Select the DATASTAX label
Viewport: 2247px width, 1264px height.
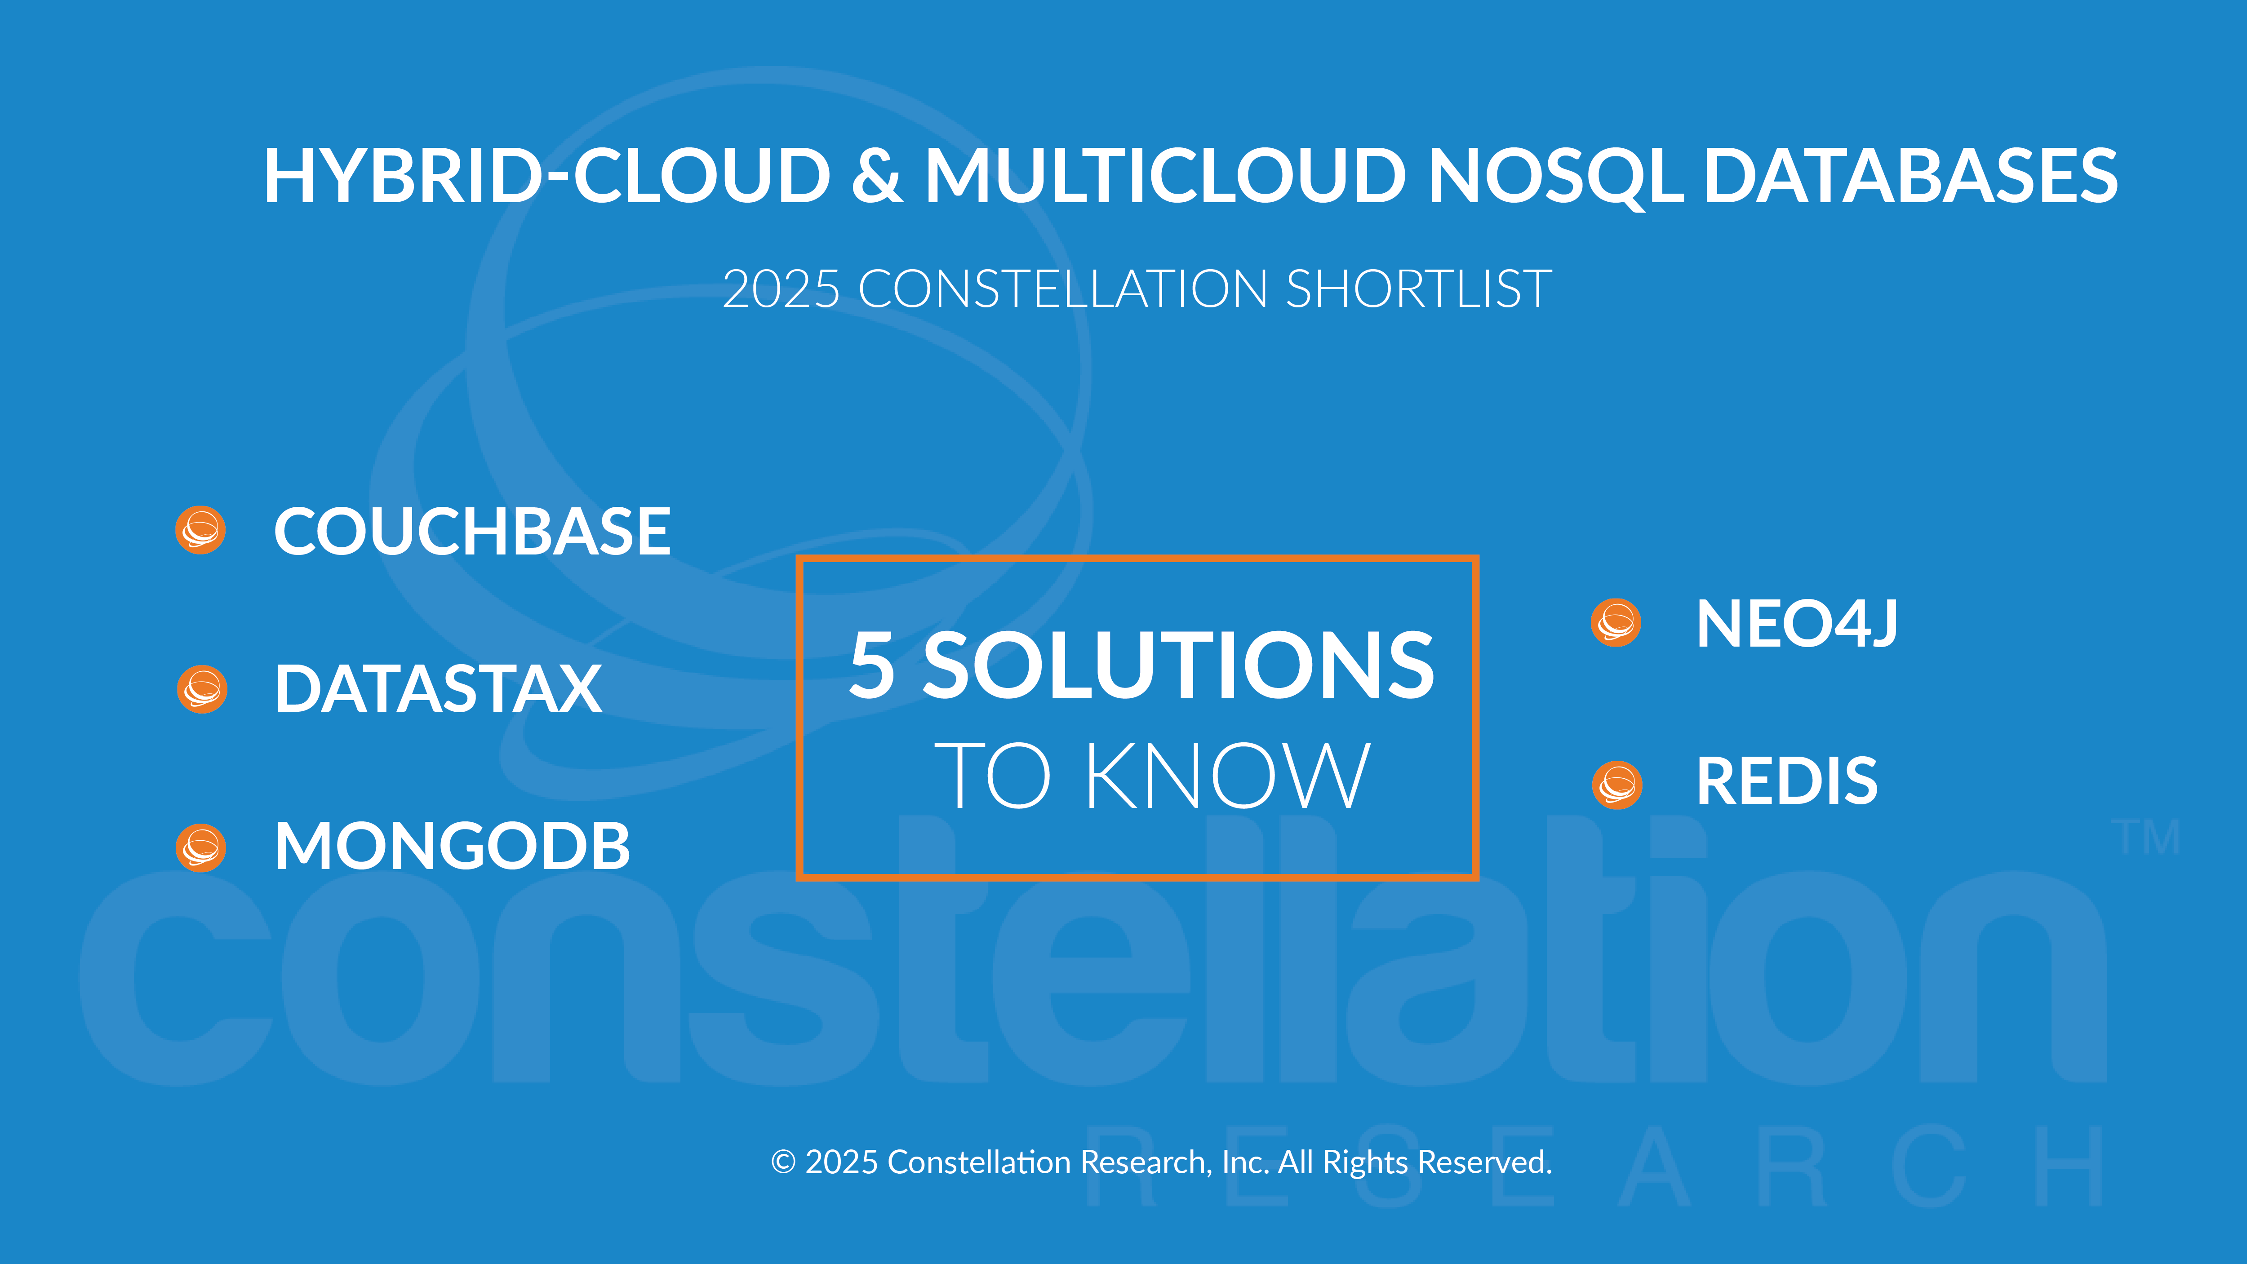pos(438,688)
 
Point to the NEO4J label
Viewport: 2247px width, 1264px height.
pos(1796,624)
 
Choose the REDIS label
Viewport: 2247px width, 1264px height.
pos(1786,781)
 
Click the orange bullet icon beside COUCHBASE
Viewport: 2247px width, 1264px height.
pos(200,529)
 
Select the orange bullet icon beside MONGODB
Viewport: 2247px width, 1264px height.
pos(200,847)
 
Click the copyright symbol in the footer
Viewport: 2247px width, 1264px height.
pos(783,1162)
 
